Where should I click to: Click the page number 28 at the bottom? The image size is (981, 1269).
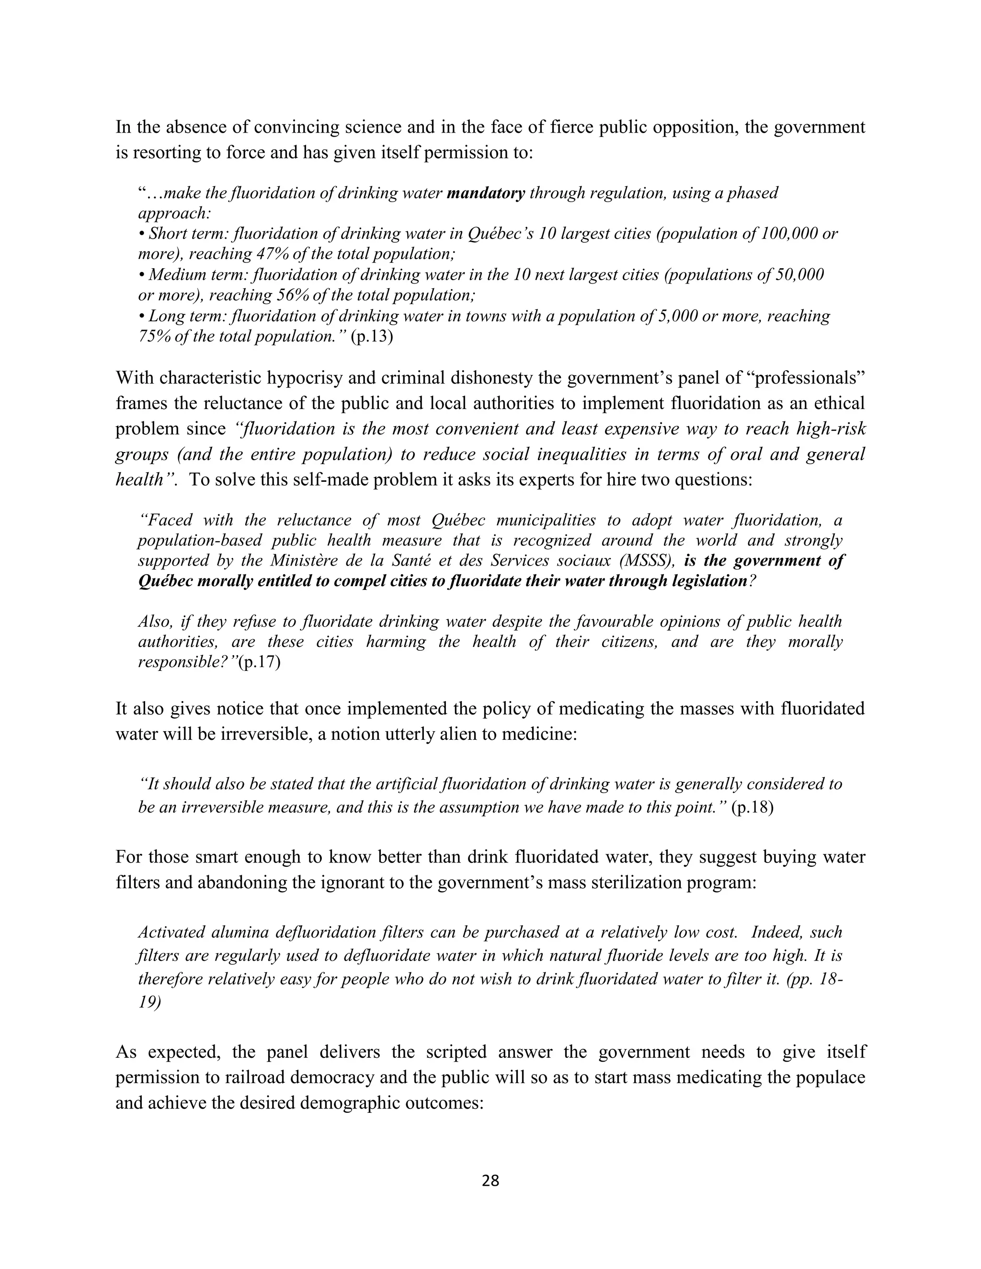[x=490, y=1181]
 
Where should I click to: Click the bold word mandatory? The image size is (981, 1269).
[x=486, y=193]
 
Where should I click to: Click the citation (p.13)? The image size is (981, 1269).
[x=372, y=337]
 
